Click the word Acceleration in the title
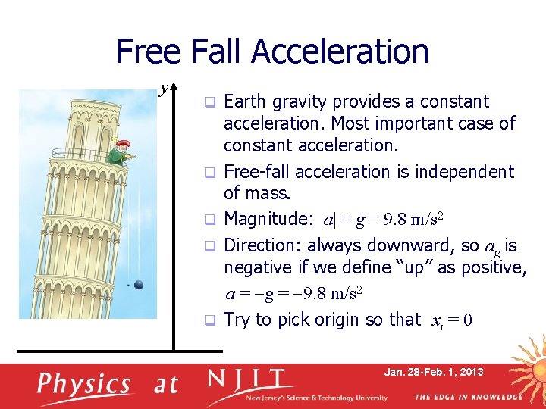click(340, 52)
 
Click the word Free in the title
click(148, 52)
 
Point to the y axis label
click(163, 89)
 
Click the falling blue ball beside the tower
click(139, 284)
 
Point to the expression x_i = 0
click(452, 320)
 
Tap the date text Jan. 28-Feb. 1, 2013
click(433, 372)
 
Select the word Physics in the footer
click(84, 383)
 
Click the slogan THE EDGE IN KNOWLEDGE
click(468, 398)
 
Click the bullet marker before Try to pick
click(213, 320)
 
